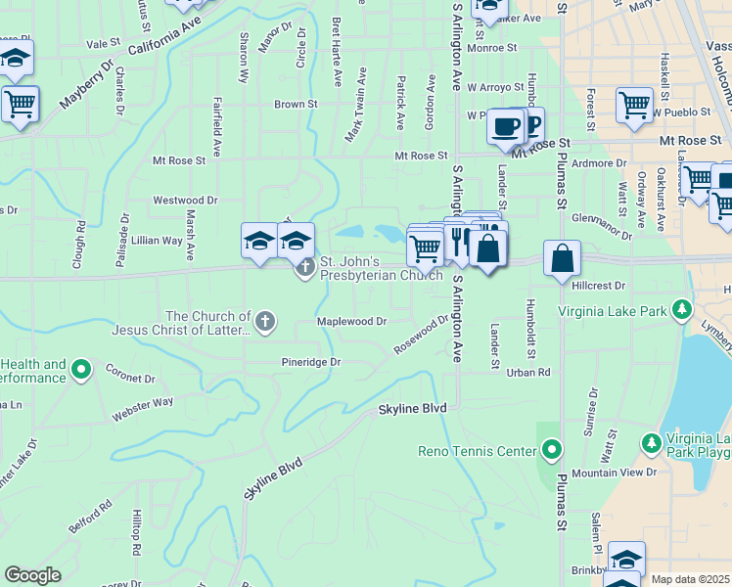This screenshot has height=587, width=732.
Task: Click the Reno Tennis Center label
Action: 477,451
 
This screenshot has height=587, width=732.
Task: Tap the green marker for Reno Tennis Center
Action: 552,451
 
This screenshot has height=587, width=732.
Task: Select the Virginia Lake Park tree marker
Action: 682,311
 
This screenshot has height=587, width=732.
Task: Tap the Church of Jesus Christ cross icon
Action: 264,321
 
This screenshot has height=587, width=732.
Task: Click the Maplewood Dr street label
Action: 351,320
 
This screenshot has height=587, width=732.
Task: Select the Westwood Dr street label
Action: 185,200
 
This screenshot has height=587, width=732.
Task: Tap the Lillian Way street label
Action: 158,240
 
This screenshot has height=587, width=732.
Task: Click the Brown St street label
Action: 296,104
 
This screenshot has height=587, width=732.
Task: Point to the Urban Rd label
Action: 529,373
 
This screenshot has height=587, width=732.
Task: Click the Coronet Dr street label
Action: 131,378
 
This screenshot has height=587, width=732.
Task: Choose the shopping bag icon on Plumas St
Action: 563,259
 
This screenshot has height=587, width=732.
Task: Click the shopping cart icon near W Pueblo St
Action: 634,104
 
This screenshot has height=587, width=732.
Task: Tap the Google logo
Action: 32,575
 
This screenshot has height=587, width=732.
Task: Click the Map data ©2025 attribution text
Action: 691,579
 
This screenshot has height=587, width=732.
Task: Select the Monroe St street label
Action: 492,47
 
